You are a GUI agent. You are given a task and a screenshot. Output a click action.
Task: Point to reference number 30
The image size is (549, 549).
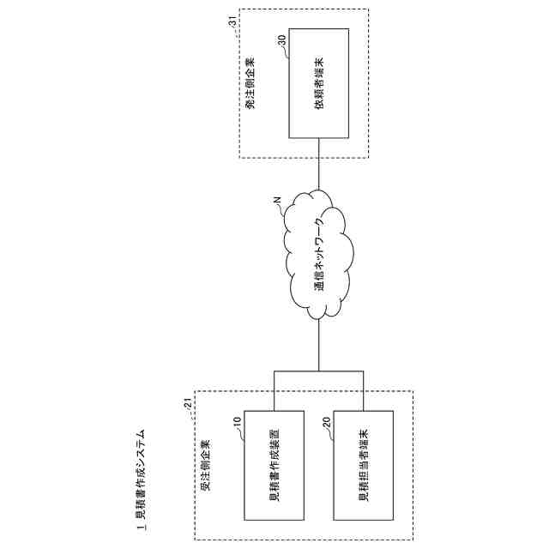coord(282,39)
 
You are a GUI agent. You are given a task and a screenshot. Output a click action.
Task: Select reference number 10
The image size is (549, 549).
coord(238,421)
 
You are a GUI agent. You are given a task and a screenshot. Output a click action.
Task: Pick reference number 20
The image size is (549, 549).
coord(327,422)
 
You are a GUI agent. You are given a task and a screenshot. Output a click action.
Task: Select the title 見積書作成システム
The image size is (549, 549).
coord(142,485)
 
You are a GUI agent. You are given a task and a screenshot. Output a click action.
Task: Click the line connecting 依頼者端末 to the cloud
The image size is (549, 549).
coord(319,163)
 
